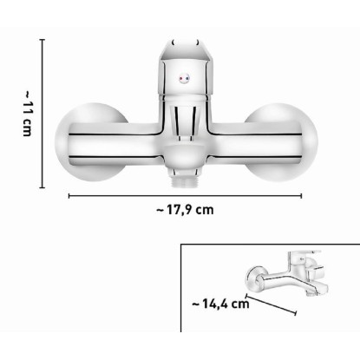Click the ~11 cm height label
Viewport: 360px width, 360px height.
(27, 114)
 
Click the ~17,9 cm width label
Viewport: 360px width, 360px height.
(185, 209)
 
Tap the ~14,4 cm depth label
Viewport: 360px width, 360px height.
(220, 304)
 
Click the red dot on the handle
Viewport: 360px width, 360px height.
(180, 78)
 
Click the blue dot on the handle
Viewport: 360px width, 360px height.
(187, 78)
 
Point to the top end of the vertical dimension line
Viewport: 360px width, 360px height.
(43, 39)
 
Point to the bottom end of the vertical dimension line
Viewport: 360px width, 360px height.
(43, 187)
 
